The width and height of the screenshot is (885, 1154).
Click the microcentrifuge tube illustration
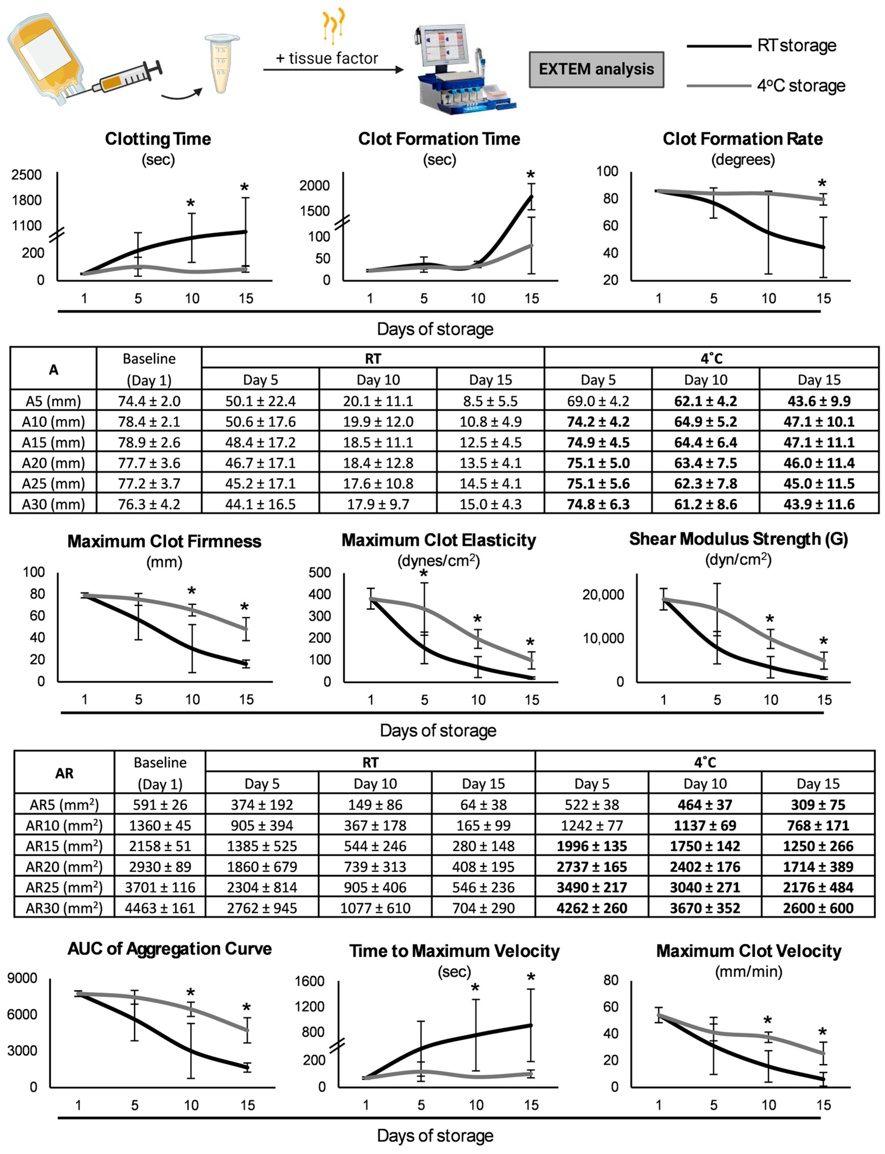[x=221, y=63]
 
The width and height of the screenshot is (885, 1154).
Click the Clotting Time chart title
[x=158, y=139]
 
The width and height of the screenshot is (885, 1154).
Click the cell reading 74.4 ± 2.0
[x=149, y=401]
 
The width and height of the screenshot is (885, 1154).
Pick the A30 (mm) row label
[x=53, y=504]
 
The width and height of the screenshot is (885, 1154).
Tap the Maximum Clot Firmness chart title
[x=164, y=541]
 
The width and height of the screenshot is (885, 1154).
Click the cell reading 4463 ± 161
[x=160, y=908]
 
